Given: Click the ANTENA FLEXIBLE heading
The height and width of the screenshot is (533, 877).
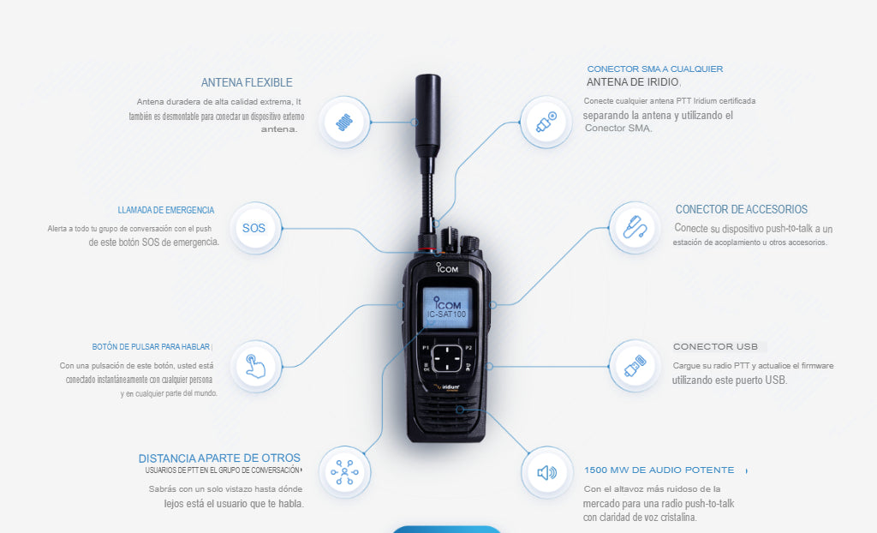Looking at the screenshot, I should tap(247, 83).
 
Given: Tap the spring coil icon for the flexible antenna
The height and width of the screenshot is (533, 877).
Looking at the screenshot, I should tap(344, 123).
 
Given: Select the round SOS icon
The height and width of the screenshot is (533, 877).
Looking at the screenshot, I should tap(254, 228).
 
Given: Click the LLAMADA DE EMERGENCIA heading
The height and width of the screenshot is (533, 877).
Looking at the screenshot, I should tap(166, 210).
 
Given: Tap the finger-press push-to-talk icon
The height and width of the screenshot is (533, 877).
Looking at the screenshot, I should tap(255, 367).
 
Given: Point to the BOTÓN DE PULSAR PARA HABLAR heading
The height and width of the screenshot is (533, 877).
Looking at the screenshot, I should tap(151, 347).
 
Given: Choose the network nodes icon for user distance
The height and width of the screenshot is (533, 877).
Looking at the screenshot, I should tap(344, 471).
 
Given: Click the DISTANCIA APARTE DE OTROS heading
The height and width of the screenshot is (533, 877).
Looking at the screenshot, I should tap(219, 458).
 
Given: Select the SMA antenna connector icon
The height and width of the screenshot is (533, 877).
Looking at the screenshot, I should tap(546, 123).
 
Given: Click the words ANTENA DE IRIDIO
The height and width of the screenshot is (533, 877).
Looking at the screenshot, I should tap(633, 82).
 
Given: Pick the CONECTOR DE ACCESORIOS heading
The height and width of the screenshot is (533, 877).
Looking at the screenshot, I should tap(741, 209).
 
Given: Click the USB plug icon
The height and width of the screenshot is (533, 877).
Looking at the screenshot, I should tap(634, 366).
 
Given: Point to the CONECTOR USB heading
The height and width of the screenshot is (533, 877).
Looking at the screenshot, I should tap(715, 347).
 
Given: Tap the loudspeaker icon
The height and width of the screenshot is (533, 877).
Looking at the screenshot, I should tap(546, 472).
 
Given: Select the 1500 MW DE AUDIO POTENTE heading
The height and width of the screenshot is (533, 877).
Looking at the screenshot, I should tap(659, 470).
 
